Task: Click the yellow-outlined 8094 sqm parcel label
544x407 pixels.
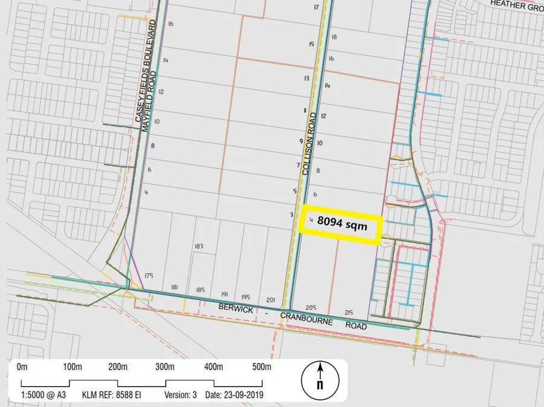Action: click(343, 223)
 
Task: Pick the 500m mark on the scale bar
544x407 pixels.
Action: click(262, 367)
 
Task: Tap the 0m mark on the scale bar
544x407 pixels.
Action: click(22, 367)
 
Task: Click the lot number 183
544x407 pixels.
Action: click(199, 246)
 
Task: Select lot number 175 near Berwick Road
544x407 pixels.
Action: click(149, 276)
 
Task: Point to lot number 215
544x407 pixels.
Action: click(349, 312)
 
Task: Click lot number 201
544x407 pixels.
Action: click(270, 301)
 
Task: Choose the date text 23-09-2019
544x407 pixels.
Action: click(239, 395)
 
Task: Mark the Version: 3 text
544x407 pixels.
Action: click(181, 395)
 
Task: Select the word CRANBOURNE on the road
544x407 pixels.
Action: click(306, 319)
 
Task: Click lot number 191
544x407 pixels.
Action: click(224, 293)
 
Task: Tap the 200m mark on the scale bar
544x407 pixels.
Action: click(118, 367)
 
